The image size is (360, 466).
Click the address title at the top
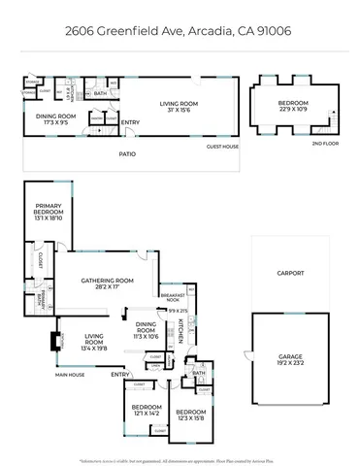pyautogui.click(x=180, y=30)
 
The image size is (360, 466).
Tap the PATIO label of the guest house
pyautogui.click(x=127, y=153)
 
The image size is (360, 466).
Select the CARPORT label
pyautogui.click(x=290, y=273)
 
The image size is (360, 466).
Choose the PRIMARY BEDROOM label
pyautogui.click(x=48, y=213)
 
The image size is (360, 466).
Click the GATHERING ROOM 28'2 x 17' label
pyautogui.click(x=107, y=283)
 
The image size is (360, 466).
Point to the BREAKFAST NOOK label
pyautogui.click(x=173, y=297)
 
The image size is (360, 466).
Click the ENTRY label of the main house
pyautogui.click(x=120, y=374)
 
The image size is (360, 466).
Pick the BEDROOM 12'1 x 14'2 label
pyautogui.click(x=146, y=410)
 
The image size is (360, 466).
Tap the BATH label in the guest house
pyautogui.click(x=100, y=94)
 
